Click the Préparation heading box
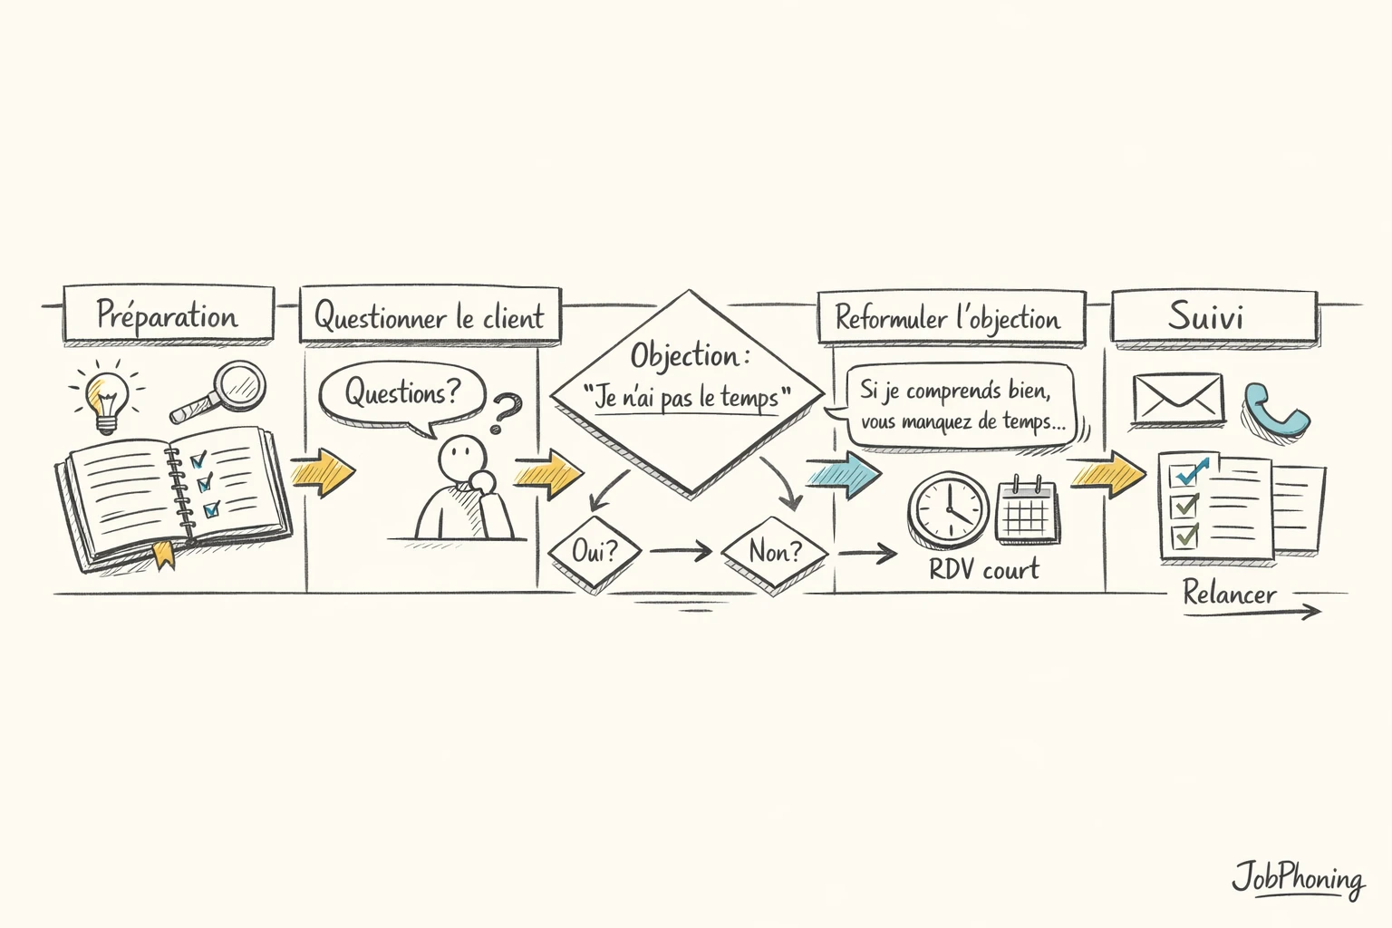[x=169, y=314]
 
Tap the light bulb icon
[x=106, y=398]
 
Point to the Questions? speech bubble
[x=402, y=395]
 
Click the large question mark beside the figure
[x=506, y=412]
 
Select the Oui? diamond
[x=594, y=551]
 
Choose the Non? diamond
[x=775, y=551]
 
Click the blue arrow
[x=843, y=474]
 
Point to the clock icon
[x=949, y=509]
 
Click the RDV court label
[x=984, y=570]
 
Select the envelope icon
[x=1177, y=400]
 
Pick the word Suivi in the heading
[x=1205, y=316]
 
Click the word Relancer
[x=1230, y=594]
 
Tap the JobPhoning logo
[x=1297, y=878]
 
